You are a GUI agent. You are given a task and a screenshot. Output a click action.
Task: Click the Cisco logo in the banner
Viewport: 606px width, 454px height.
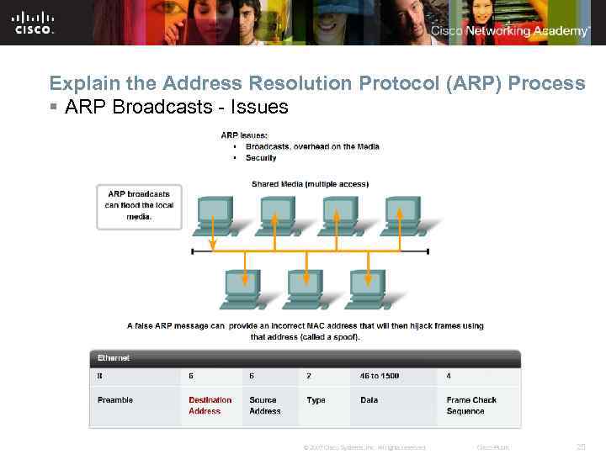click(x=34, y=22)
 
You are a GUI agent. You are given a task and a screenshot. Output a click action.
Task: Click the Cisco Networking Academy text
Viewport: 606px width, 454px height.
click(x=510, y=31)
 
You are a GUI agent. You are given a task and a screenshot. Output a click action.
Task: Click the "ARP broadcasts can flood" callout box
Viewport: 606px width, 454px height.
click(x=139, y=205)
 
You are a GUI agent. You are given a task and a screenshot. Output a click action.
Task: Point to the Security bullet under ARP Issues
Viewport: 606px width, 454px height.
click(x=261, y=157)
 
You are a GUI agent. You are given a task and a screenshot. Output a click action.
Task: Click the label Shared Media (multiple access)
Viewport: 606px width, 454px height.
click(x=310, y=184)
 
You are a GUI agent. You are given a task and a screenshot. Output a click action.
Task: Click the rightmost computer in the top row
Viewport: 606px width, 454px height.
click(x=402, y=216)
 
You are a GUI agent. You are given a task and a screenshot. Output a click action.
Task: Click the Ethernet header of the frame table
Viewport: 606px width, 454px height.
click(x=114, y=358)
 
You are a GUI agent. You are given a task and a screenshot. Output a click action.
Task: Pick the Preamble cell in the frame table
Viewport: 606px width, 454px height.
click(x=115, y=400)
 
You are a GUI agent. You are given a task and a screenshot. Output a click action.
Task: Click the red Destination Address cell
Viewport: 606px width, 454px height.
click(x=210, y=405)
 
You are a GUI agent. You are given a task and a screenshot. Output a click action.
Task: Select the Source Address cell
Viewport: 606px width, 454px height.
click(x=264, y=405)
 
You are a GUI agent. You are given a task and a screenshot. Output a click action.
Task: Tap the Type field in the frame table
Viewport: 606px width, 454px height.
click(x=316, y=400)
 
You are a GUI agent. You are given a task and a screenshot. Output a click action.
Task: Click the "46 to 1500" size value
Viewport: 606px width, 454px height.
click(x=380, y=376)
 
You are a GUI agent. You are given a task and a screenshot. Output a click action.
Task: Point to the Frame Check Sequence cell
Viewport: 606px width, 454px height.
click(x=471, y=405)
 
